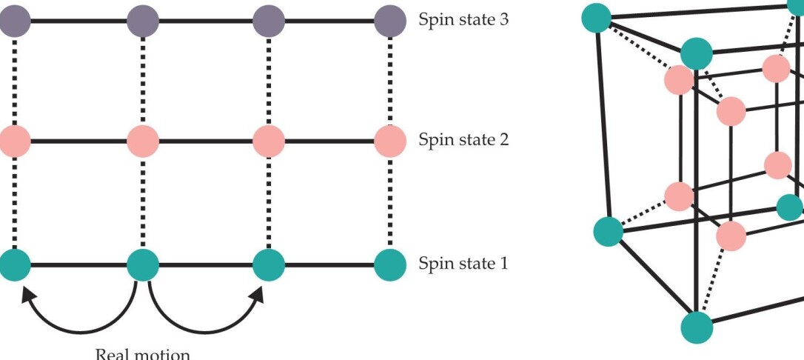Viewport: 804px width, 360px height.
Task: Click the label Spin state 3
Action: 463,20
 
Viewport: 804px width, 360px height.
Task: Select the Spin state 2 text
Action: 463,139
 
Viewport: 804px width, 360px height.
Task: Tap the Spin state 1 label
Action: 463,264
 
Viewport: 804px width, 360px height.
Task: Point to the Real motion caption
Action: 143,353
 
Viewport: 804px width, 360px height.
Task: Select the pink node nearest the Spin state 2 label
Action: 390,140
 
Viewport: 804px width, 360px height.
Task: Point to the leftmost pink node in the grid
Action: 15,140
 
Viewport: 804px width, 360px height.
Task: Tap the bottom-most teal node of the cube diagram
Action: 696,327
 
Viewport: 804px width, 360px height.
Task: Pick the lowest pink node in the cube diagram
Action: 731,236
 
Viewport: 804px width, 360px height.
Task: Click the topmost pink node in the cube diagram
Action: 776,68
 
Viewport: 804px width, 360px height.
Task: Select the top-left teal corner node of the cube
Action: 597,16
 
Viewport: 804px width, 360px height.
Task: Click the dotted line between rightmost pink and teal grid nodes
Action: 390,202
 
